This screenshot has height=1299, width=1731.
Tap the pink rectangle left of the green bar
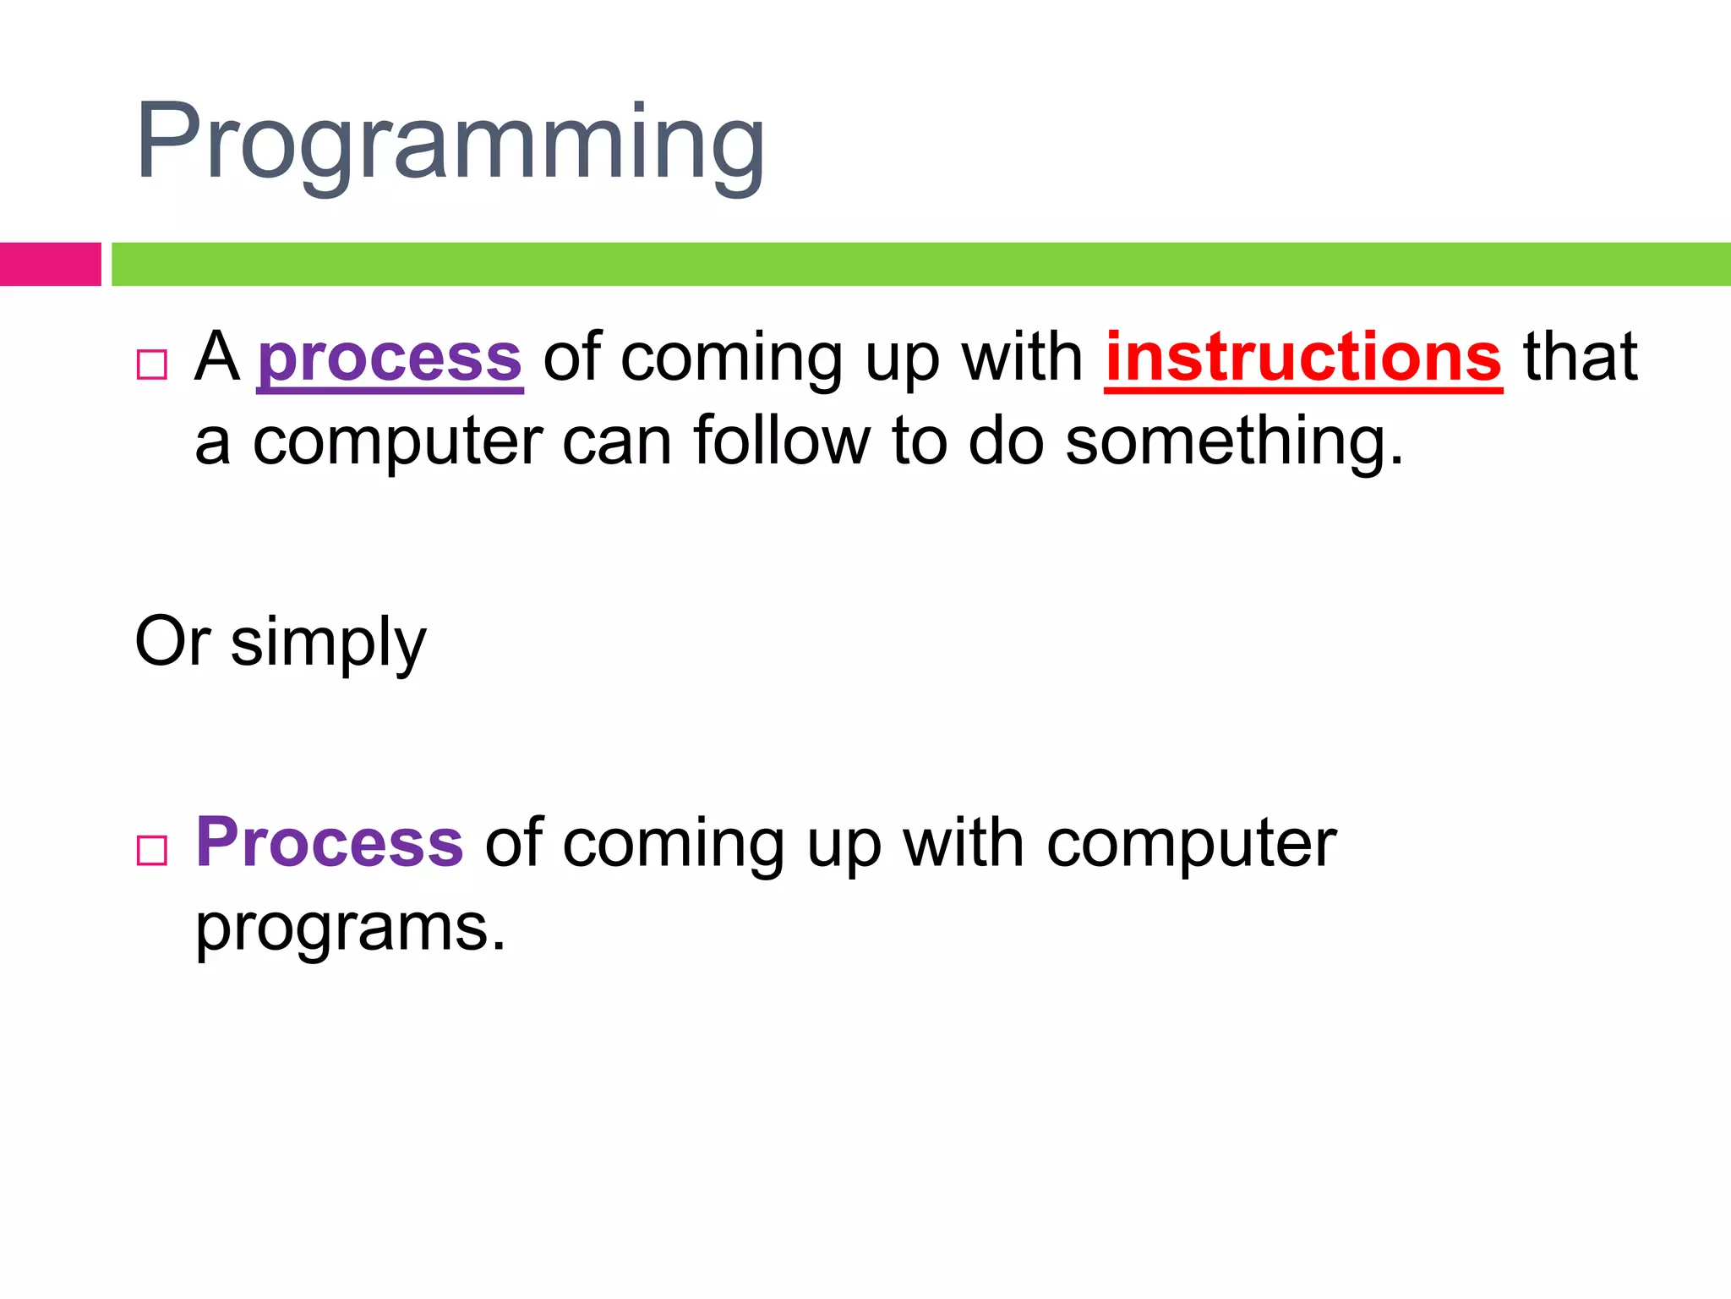[x=50, y=264]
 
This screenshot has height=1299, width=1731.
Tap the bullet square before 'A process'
[x=152, y=364]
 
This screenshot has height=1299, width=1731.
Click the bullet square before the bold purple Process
[x=152, y=850]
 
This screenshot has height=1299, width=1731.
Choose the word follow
[x=781, y=441]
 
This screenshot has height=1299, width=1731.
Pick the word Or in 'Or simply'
[x=172, y=642]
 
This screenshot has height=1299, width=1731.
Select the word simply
[x=328, y=644]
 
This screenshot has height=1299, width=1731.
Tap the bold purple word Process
[x=330, y=843]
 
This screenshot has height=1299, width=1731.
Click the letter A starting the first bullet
[x=217, y=358]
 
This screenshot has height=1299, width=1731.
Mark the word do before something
[x=1006, y=441]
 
